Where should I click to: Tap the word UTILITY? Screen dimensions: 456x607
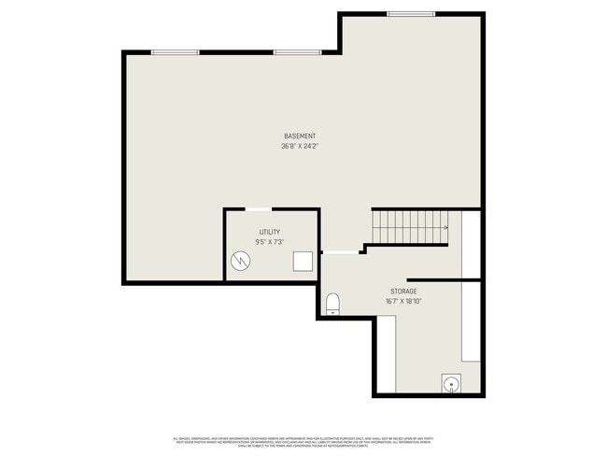(x=270, y=233)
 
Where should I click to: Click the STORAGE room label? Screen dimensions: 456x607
(x=403, y=292)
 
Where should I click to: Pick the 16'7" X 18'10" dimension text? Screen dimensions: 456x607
(x=403, y=302)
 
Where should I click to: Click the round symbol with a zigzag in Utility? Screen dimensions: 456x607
(x=242, y=261)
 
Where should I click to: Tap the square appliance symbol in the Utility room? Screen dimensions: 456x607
(x=303, y=261)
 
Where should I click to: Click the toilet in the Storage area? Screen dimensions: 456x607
(x=332, y=303)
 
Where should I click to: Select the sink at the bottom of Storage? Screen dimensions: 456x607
(x=451, y=383)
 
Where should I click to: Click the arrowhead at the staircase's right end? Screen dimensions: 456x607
(x=446, y=227)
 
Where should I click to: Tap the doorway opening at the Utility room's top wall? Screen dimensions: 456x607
(x=259, y=209)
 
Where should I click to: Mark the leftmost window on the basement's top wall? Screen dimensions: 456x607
(x=174, y=52)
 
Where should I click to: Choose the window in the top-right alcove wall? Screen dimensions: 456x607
(x=411, y=14)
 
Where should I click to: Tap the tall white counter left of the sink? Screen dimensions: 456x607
(x=386, y=353)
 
